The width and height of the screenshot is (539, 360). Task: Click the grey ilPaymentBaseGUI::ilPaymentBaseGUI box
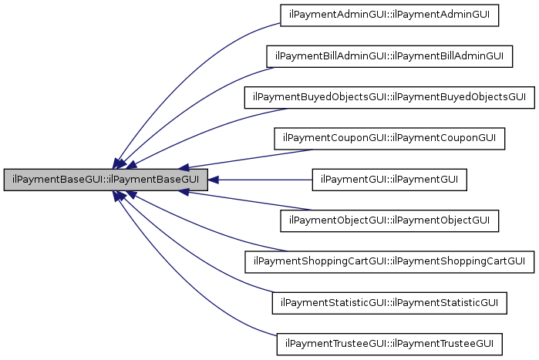point(106,180)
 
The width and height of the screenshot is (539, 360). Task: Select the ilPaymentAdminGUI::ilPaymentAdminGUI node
point(389,15)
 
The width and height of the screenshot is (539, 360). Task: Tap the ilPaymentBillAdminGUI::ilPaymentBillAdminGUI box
point(389,56)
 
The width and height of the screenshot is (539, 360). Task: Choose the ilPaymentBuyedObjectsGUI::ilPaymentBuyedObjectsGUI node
point(389,97)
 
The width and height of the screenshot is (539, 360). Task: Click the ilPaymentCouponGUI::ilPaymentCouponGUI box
point(389,139)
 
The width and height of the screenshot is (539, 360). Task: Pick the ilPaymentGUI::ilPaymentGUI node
point(389,180)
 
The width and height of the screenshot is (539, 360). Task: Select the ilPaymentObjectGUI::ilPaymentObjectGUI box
point(389,220)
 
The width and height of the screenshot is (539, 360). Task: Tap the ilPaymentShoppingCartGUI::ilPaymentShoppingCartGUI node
point(389,261)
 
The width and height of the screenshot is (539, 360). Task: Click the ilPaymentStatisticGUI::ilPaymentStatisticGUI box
point(389,302)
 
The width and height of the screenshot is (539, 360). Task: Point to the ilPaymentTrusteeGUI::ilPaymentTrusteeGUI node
point(389,343)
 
